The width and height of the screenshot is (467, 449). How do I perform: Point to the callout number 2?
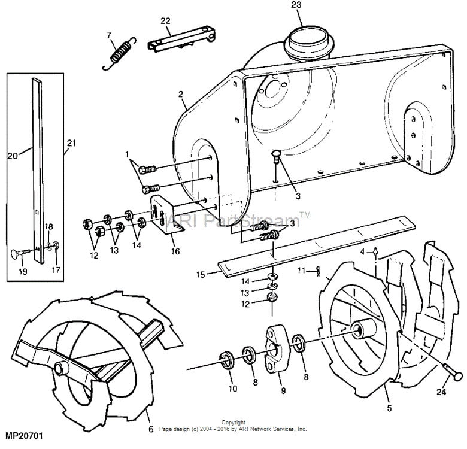[179, 94]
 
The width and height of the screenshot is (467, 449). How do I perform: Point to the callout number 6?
[150, 429]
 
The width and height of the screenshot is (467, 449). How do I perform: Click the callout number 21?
[72, 143]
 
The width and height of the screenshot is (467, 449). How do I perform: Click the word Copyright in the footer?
[233, 423]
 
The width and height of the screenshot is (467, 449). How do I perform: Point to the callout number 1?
[126, 154]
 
